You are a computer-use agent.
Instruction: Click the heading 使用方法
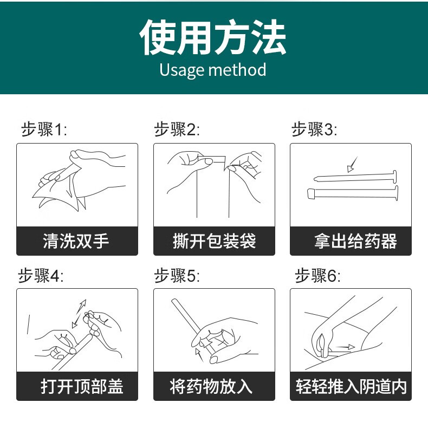pyautogui.click(x=213, y=38)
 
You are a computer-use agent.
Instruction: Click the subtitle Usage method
pyautogui.click(x=213, y=70)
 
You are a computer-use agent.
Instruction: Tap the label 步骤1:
pyautogui.click(x=43, y=130)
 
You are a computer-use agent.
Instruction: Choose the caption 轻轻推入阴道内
pyautogui.click(x=351, y=386)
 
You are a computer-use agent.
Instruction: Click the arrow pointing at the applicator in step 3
pyautogui.click(x=353, y=163)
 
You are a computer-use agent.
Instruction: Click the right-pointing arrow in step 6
pyautogui.click(x=343, y=347)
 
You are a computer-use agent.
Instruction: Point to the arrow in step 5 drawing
pyautogui.click(x=202, y=354)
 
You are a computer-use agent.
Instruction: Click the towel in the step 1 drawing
pyautogui.click(x=60, y=190)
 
